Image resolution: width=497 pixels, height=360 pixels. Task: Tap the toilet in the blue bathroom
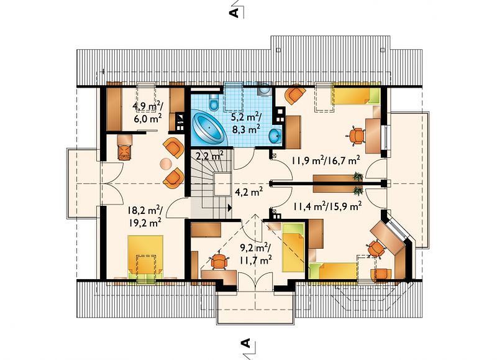tap(214, 101)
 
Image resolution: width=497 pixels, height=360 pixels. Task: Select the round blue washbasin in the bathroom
tap(275, 136)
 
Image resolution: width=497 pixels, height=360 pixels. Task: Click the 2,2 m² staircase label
tap(209, 155)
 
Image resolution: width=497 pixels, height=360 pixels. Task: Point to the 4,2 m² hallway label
tap(248, 192)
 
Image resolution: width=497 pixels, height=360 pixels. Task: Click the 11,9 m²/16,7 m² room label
tap(326, 160)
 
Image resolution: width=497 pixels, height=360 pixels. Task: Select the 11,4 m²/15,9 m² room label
tap(327, 206)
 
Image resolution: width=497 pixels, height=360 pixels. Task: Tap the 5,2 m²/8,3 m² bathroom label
tap(246, 122)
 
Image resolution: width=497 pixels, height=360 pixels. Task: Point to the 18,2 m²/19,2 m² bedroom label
tap(145, 216)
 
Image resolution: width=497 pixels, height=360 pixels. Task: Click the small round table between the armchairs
tap(166, 164)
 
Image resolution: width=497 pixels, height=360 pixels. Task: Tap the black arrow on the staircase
tap(229, 208)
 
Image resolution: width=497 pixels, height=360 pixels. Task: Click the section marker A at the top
tap(234, 12)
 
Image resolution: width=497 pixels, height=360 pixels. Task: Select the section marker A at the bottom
tap(245, 343)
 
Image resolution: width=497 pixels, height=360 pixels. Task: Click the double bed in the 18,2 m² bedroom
tap(145, 256)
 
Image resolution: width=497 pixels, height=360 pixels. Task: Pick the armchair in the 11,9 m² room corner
tap(295, 93)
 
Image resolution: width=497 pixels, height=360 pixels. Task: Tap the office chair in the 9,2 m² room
tap(219, 261)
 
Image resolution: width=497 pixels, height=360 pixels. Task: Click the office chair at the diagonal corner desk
tap(376, 248)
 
